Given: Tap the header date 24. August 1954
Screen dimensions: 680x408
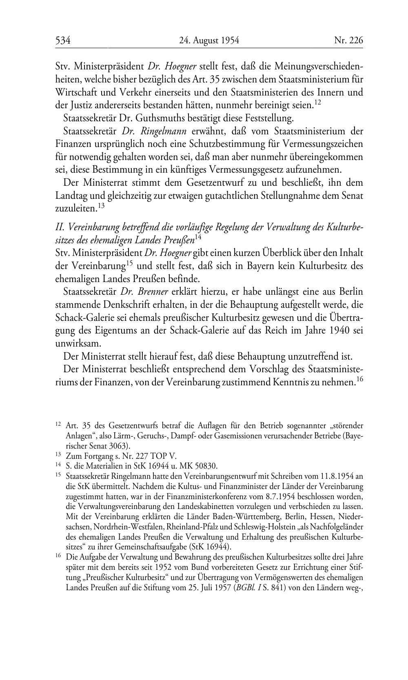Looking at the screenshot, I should click(x=209, y=40).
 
